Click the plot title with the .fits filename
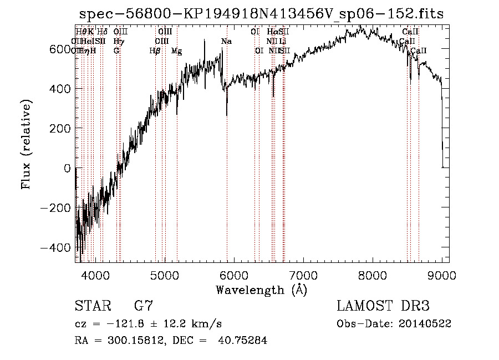click(261, 14)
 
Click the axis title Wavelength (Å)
click(261, 290)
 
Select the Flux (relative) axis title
click(27, 144)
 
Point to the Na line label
click(226, 42)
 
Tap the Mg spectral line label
click(176, 51)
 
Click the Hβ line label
click(155, 51)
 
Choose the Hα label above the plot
click(272, 32)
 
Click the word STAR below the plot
click(92, 306)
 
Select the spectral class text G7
click(144, 306)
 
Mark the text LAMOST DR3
click(383, 306)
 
